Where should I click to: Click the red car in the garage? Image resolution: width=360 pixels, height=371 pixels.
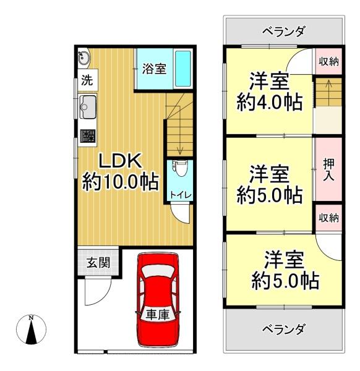tap(157, 300)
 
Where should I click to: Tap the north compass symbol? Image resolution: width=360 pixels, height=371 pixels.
tap(31, 330)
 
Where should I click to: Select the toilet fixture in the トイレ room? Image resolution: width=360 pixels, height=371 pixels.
tap(180, 168)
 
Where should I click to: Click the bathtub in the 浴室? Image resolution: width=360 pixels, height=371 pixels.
tap(182, 69)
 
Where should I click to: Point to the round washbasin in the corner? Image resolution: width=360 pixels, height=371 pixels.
tap(84, 57)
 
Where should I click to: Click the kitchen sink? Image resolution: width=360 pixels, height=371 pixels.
tap(87, 107)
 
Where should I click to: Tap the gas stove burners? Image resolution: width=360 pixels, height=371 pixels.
tap(88, 136)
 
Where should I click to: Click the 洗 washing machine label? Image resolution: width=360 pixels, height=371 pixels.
tap(87, 80)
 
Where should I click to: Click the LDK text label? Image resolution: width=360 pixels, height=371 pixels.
tap(120, 161)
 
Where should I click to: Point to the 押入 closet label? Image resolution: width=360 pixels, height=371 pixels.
tap(328, 169)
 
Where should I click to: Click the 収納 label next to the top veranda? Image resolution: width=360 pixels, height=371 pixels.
tap(328, 62)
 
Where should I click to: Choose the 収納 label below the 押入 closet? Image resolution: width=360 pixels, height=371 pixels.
tap(328, 218)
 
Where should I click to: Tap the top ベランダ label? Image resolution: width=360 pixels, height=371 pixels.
tap(283, 31)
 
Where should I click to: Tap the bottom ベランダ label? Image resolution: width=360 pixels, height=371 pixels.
tap(283, 329)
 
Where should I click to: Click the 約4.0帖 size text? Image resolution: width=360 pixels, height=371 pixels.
tap(270, 102)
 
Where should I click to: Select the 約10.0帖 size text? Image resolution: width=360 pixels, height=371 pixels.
tap(120, 182)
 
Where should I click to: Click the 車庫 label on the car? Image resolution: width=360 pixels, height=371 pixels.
tap(158, 315)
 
